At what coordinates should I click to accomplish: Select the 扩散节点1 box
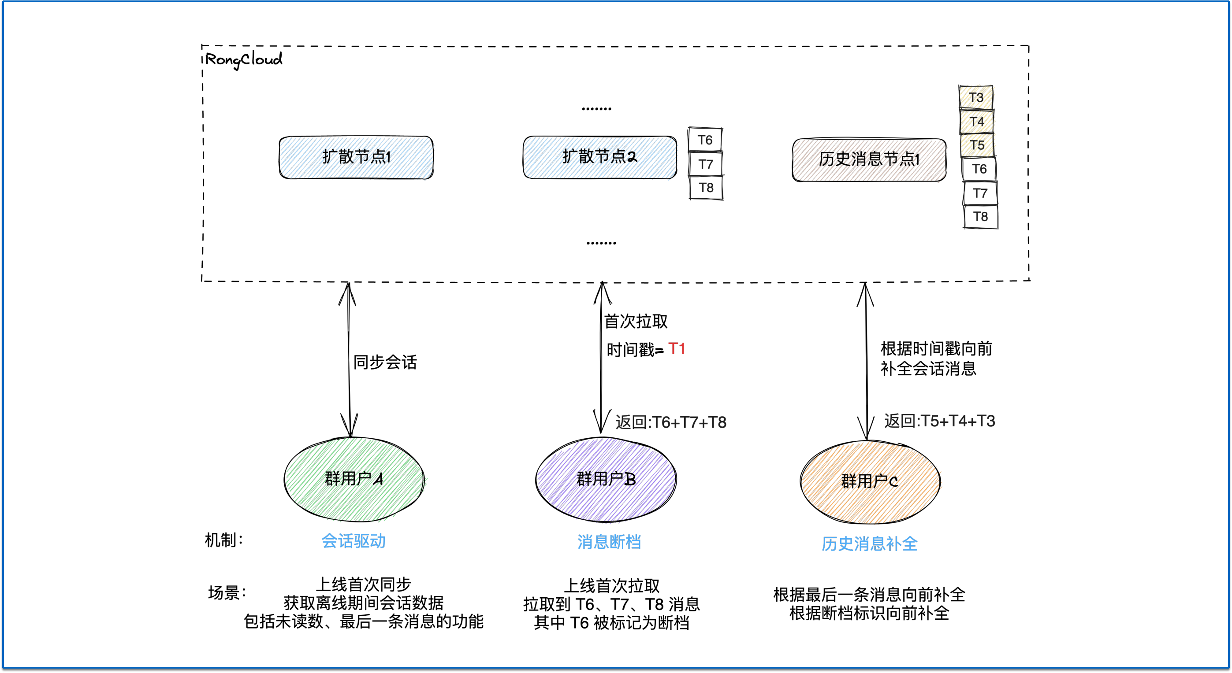point(356,157)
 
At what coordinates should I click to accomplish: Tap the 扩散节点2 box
point(600,157)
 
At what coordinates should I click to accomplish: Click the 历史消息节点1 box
point(869,159)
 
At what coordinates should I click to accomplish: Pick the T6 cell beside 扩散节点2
point(705,140)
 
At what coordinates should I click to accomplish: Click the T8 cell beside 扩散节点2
point(706,188)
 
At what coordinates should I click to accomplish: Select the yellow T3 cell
point(975,97)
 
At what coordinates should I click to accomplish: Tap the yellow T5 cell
point(977,145)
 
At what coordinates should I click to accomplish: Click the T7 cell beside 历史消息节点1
point(979,193)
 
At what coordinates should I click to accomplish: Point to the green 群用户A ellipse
point(354,479)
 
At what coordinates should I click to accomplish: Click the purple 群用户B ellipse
point(606,479)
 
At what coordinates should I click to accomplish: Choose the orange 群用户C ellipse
point(870,481)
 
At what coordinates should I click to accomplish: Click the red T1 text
point(676,349)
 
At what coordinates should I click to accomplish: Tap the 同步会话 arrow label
point(385,362)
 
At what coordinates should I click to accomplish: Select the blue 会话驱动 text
point(354,541)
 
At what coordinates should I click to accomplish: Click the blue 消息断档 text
point(609,542)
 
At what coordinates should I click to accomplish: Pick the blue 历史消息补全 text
point(870,544)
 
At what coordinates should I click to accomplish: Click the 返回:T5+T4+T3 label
point(939,421)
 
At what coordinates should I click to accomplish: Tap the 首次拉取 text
point(636,322)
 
